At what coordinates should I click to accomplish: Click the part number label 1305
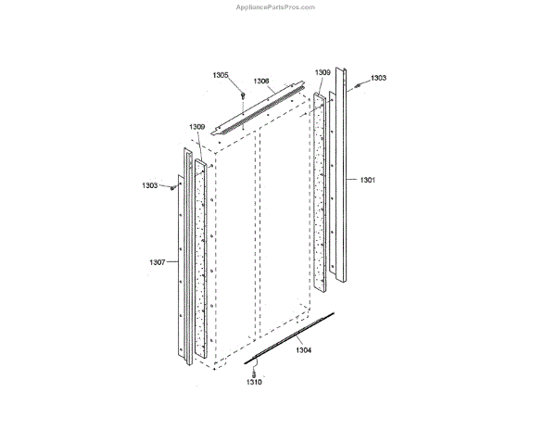(220, 75)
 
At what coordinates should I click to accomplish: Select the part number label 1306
(261, 82)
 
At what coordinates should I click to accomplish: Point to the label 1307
(157, 262)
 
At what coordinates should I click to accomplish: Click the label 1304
(304, 350)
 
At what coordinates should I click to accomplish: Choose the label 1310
(253, 381)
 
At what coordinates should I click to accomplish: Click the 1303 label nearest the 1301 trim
(378, 79)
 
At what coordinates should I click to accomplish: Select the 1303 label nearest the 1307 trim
(150, 185)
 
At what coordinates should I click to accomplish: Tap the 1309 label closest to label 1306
(322, 72)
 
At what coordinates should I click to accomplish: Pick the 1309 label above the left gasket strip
(197, 126)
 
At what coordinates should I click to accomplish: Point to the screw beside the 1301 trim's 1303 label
(359, 86)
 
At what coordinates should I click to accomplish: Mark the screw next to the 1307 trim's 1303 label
(172, 187)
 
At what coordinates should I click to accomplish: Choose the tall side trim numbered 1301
(342, 176)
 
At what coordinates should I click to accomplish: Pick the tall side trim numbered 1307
(182, 269)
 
